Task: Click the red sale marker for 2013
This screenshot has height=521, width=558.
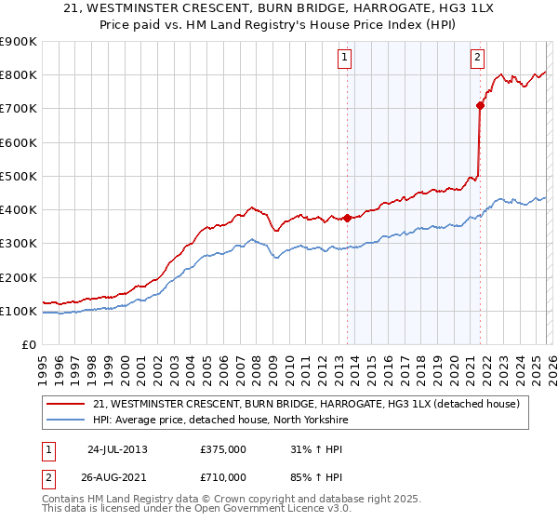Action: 348,218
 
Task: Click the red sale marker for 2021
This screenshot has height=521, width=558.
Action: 481,105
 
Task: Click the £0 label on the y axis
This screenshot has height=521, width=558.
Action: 28,345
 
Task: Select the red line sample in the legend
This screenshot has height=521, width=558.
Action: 65,404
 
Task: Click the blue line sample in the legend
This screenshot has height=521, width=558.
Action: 65,420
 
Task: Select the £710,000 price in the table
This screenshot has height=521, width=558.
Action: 223,476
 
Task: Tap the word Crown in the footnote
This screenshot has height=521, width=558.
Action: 223,501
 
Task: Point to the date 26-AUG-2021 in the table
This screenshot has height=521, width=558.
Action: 117,476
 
